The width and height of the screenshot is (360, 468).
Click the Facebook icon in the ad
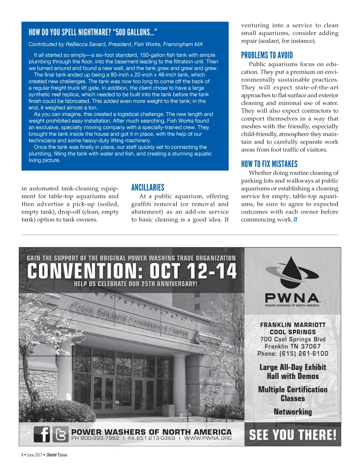click(x=42, y=434)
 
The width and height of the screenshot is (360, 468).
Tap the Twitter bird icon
click(x=61, y=434)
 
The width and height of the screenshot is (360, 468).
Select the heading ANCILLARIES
click(x=148, y=188)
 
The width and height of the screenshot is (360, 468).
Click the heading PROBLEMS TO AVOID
click(x=267, y=55)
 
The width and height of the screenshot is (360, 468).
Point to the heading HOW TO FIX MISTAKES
click(x=269, y=164)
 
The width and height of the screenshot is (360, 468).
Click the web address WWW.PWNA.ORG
click(x=208, y=438)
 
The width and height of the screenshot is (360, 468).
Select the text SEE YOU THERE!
click(x=292, y=435)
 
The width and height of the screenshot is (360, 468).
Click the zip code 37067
click(x=310, y=346)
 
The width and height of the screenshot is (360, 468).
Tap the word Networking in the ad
click(x=292, y=412)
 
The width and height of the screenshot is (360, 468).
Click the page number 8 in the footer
click(x=22, y=455)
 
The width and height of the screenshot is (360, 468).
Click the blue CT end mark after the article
click(x=295, y=220)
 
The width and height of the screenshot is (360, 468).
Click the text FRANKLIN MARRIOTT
click(x=292, y=325)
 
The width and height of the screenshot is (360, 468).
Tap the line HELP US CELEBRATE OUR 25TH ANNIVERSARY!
click(x=136, y=284)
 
